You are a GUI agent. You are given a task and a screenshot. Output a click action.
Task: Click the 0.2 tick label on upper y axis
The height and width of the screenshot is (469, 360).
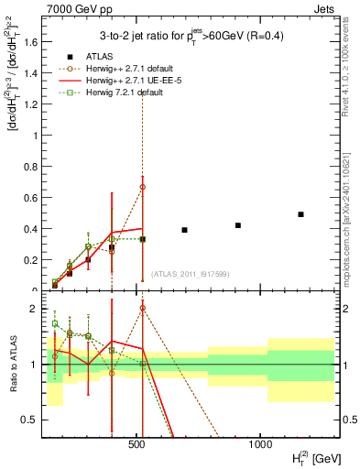pos(29,260)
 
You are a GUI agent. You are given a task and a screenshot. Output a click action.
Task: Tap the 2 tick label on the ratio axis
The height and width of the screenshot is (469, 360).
pos(33,309)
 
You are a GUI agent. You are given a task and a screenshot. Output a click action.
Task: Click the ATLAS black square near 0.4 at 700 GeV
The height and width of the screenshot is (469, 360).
pos(184,230)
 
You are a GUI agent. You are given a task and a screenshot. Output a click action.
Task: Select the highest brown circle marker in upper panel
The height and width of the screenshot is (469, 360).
pos(142,187)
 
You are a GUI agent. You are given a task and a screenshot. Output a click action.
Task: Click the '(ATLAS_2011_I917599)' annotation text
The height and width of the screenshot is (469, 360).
pos(188,274)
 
